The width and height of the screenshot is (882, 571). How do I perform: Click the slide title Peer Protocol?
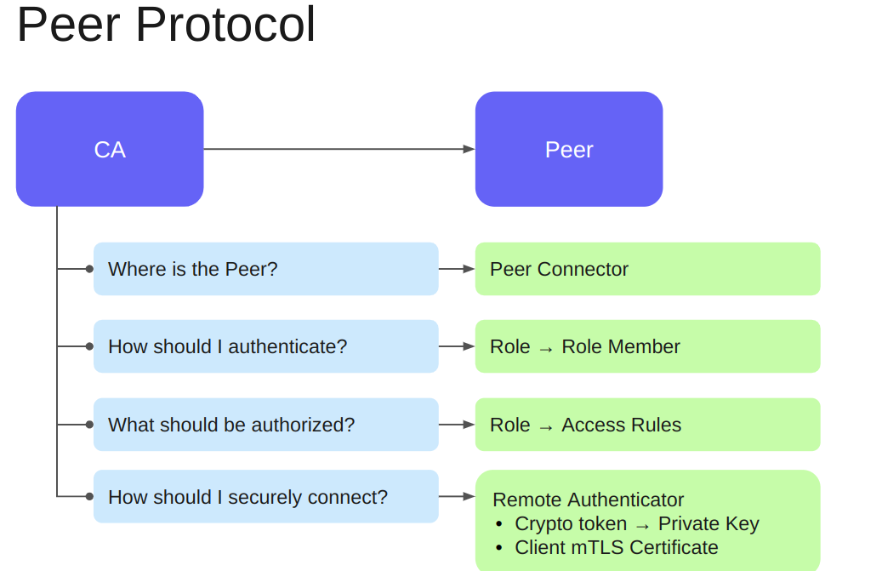[166, 25]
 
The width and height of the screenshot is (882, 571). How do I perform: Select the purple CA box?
[110, 149]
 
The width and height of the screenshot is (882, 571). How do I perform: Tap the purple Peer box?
[568, 149]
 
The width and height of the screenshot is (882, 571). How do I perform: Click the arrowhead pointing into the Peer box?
[469, 149]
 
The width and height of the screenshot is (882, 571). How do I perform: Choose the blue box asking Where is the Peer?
[265, 269]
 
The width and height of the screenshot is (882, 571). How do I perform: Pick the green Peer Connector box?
[647, 269]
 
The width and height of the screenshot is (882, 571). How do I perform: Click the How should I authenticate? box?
[265, 346]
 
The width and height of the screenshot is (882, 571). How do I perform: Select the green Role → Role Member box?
[647, 346]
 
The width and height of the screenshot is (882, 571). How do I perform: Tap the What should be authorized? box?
[265, 425]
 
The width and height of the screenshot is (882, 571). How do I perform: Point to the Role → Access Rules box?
[647, 425]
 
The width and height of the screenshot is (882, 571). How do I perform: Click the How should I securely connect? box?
[265, 496]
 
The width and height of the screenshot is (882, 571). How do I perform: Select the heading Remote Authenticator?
[588, 500]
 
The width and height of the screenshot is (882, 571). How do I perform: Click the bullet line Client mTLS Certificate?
[617, 547]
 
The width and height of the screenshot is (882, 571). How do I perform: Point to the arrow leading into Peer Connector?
[458, 269]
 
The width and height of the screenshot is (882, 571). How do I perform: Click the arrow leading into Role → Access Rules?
[458, 425]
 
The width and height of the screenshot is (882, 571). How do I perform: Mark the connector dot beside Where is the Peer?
[89, 269]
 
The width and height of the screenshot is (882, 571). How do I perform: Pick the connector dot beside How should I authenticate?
[89, 346]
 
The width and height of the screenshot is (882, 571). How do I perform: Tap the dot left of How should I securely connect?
[89, 496]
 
